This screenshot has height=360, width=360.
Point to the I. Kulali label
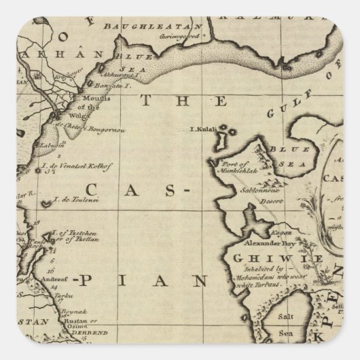pyautogui.click(x=202, y=127)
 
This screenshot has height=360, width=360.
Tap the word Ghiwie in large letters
pyautogui.click(x=267, y=258)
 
